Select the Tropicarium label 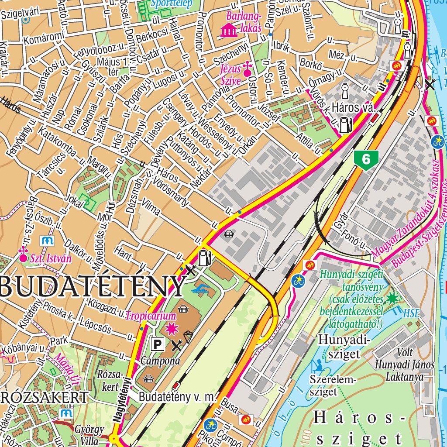tap(151, 316)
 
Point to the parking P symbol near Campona tap(157, 345)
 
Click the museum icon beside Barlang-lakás tap(229, 31)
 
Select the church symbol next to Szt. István tap(23, 254)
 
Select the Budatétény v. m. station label tap(178, 397)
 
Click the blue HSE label tap(411, 313)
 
